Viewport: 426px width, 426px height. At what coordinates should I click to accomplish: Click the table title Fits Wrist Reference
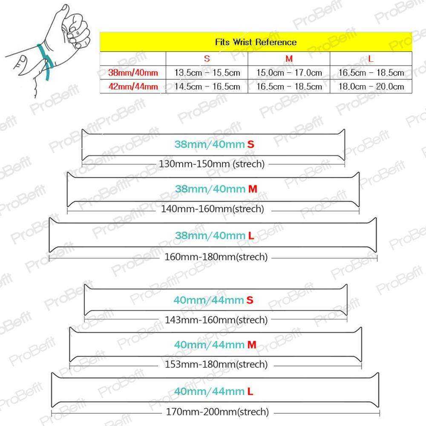(256, 42)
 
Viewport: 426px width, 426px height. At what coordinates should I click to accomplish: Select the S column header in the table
(207, 59)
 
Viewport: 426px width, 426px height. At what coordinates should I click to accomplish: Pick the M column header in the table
(289, 59)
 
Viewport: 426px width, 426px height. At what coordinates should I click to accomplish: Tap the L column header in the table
(371, 59)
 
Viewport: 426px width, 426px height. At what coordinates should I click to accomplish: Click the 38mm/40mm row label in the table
(133, 72)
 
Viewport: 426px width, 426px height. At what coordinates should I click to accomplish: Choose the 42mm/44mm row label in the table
(133, 86)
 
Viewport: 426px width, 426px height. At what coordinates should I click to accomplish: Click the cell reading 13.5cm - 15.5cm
(207, 72)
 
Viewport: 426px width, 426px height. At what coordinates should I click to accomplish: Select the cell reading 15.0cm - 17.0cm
(289, 72)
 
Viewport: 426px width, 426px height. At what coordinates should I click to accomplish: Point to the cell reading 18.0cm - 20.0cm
(371, 86)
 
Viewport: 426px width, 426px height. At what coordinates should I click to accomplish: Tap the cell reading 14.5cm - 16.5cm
(207, 86)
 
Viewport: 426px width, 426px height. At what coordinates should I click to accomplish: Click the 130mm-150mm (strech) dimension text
(212, 164)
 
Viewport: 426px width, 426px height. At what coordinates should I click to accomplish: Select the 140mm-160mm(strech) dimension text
(213, 209)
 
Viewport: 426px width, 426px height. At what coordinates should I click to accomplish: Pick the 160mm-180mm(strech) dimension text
(216, 257)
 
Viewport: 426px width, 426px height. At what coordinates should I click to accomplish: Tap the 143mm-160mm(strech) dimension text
(216, 320)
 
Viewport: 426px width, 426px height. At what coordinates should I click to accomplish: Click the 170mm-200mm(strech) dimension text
(217, 412)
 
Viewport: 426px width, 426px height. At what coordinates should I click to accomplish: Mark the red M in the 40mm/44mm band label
(252, 345)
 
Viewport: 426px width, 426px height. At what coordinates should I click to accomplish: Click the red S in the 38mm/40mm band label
(250, 144)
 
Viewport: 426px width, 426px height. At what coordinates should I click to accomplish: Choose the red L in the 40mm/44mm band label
(250, 391)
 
